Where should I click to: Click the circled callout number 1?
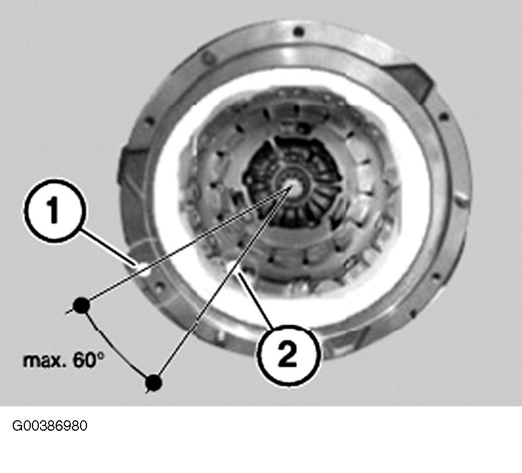(55, 210)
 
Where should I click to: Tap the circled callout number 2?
(289, 355)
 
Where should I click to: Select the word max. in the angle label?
(44, 361)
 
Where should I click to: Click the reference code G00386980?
(50, 426)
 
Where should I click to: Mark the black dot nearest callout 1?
(81, 305)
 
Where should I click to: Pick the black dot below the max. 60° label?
(154, 383)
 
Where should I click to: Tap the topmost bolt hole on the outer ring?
(299, 32)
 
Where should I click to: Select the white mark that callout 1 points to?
(144, 269)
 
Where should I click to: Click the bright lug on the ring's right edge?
(462, 200)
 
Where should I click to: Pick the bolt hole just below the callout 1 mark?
(158, 286)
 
